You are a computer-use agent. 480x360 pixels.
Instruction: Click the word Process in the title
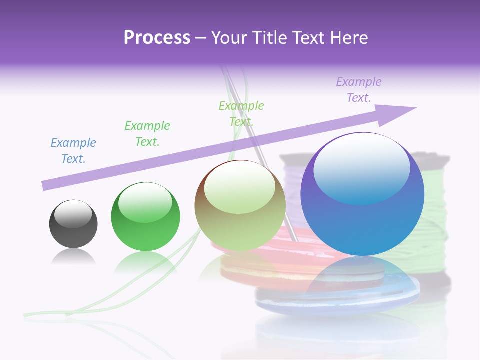(x=157, y=38)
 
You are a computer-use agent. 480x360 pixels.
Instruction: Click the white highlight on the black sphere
(x=73, y=214)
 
